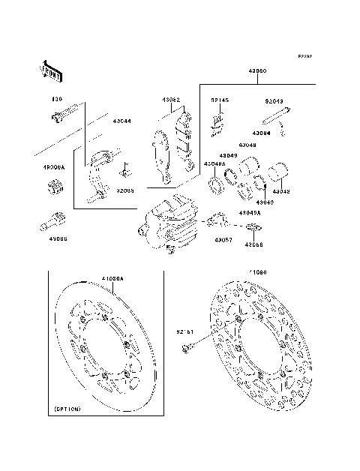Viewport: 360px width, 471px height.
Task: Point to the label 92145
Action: point(219,99)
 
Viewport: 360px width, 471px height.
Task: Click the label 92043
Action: point(274,99)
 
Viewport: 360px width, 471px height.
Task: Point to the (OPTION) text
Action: point(67,409)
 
